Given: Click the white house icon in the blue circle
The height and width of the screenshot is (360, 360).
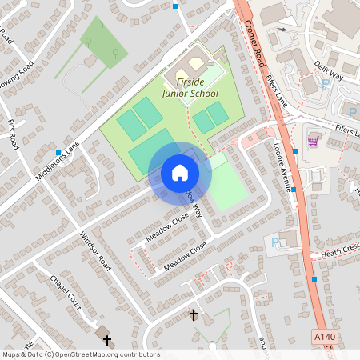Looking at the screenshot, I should (x=179, y=173).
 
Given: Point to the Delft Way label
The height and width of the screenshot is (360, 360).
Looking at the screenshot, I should (x=329, y=70).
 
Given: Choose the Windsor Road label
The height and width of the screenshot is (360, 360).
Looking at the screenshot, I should (x=94, y=250).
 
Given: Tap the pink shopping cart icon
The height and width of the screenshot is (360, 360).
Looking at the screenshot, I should (x=313, y=141).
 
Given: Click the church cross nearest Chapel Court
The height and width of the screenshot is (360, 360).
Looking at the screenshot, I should (x=107, y=340).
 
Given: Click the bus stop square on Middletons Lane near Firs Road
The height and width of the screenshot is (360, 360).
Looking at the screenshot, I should (x=58, y=152).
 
